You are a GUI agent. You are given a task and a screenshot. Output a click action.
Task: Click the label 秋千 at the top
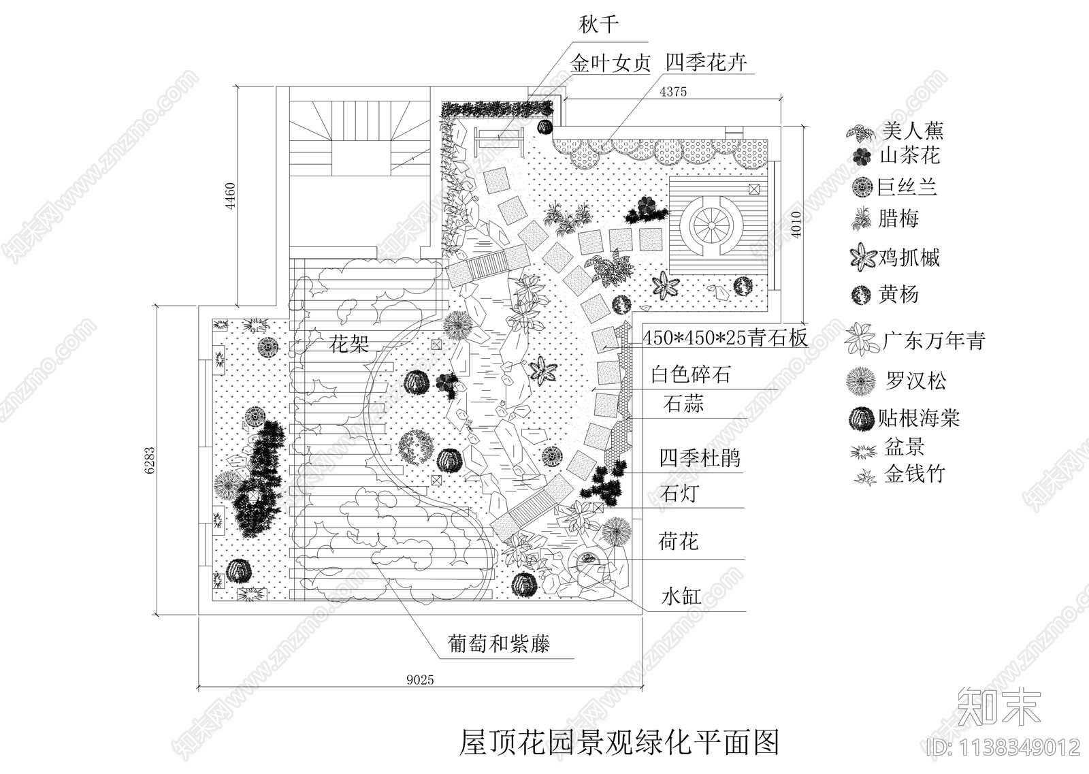click(599, 26)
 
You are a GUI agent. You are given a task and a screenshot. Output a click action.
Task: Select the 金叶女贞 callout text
click(611, 64)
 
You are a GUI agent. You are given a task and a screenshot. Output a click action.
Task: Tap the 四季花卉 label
click(706, 63)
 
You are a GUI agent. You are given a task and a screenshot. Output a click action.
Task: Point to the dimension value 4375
click(673, 92)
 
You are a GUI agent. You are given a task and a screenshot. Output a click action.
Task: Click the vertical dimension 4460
click(230, 195)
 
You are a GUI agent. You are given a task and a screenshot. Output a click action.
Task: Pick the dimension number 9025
click(419, 679)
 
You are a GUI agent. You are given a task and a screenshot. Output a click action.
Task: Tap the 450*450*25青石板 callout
click(725, 338)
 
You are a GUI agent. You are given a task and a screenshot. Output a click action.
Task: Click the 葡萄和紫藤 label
click(499, 643)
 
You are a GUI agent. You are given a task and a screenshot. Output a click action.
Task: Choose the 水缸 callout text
click(680, 597)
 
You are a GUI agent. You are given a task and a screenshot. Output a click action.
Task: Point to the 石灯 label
click(679, 493)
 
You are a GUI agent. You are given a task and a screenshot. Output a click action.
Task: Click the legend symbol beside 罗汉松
click(861, 381)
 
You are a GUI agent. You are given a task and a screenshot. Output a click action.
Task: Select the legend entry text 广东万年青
click(934, 340)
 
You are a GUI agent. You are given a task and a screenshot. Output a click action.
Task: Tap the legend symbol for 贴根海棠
click(861, 419)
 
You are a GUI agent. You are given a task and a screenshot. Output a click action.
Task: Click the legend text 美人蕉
click(913, 130)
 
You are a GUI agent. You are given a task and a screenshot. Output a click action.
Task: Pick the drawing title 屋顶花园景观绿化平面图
click(619, 743)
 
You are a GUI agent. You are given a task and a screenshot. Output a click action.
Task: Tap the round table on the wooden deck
click(710, 223)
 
